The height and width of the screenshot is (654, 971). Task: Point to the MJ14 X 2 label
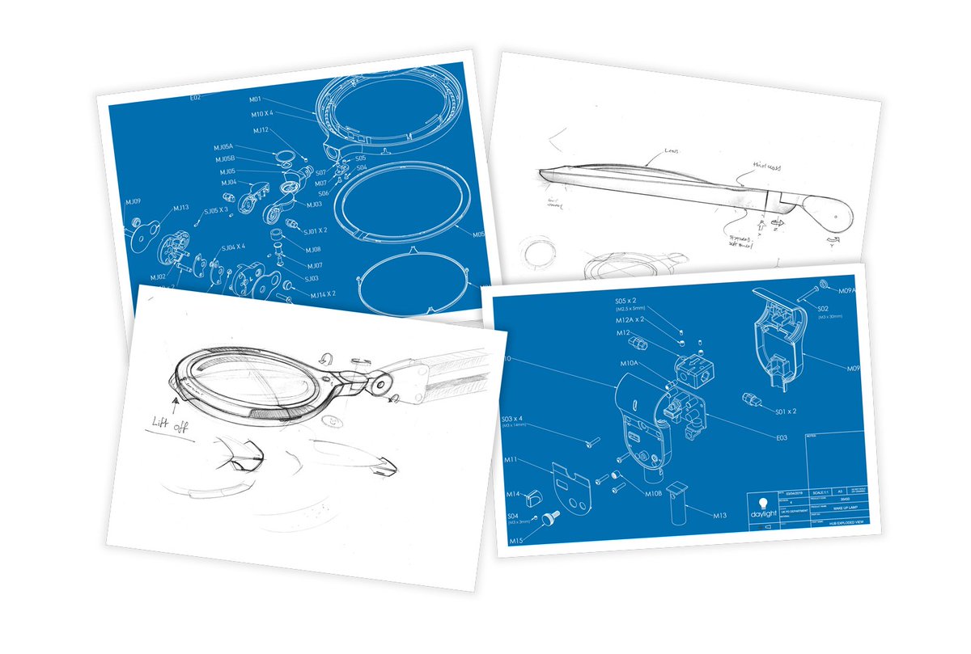(323, 294)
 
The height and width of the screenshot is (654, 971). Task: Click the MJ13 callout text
(180, 208)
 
